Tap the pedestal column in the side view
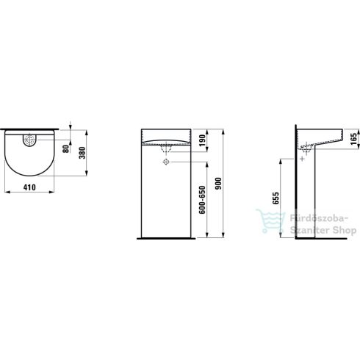[311, 198]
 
